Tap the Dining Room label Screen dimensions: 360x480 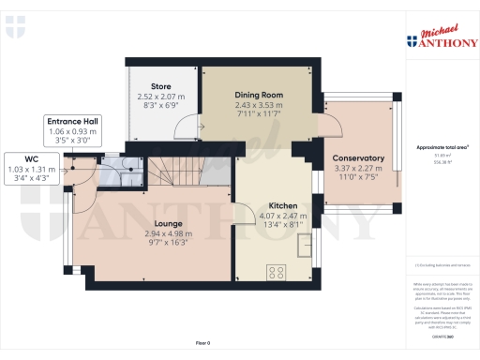click(259, 95)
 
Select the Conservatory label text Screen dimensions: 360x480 click(359, 158)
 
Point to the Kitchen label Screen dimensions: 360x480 click(283, 205)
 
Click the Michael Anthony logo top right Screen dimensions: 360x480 click(441, 36)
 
